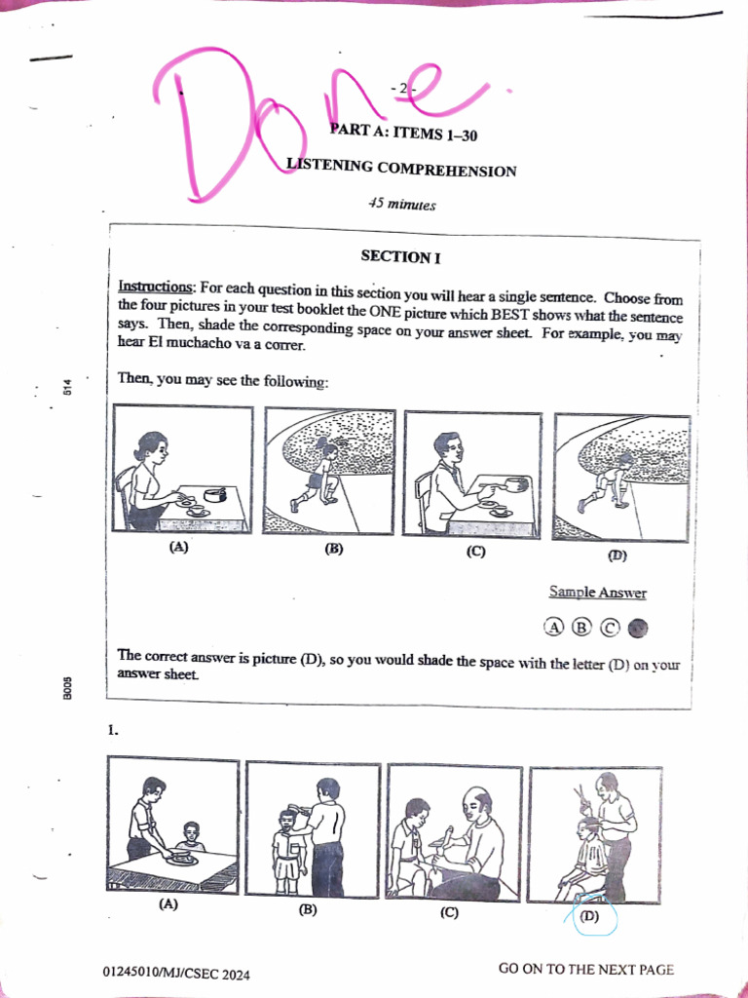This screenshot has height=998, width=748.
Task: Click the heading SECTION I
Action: [400, 257]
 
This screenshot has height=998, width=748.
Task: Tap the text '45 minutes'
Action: [402, 205]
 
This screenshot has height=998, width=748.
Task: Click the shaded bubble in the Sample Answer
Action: [638, 629]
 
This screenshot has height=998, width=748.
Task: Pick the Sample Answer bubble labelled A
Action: [554, 627]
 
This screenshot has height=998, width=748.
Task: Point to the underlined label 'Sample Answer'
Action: [598, 593]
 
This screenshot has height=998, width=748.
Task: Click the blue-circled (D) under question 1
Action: [589, 916]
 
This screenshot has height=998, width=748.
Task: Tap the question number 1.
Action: [113, 731]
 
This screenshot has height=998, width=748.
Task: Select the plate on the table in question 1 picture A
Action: [179, 860]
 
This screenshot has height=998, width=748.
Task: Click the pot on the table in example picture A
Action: [213, 494]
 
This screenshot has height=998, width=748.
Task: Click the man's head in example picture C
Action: [448, 448]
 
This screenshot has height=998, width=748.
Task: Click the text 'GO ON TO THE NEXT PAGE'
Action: [585, 970]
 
